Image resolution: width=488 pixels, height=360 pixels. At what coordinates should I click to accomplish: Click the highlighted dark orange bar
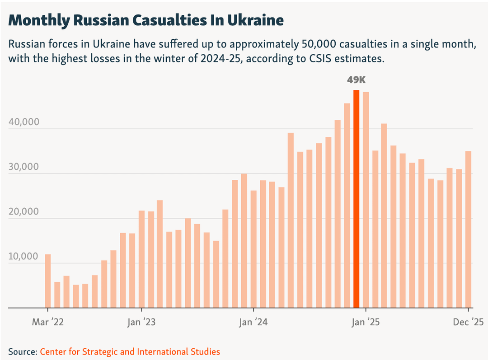[x=356, y=199]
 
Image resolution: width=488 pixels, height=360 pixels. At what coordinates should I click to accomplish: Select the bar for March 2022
[x=47, y=281]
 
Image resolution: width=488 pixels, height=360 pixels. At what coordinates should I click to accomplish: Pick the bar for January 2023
[x=141, y=259]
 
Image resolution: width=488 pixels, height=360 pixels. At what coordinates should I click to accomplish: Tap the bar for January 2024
[x=253, y=249]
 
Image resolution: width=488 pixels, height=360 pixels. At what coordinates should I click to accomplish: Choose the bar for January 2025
[x=366, y=200]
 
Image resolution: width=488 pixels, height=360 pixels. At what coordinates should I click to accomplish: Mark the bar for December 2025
[x=468, y=229]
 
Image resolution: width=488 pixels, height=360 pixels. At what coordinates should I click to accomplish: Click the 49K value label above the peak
[x=357, y=80]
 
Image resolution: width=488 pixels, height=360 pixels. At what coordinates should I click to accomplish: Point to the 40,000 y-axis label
[x=24, y=122]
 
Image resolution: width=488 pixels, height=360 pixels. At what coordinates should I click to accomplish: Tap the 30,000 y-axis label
[x=24, y=167]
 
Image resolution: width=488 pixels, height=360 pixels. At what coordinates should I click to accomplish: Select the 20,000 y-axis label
[x=24, y=211]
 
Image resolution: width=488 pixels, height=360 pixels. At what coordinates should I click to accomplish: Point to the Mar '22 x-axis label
[x=47, y=322]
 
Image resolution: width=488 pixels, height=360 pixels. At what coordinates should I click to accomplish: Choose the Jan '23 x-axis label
[x=141, y=322]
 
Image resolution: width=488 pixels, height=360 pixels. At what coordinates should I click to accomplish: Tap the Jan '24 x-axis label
[x=253, y=322]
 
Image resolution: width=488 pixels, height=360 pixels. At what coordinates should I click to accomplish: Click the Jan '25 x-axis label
[x=366, y=322]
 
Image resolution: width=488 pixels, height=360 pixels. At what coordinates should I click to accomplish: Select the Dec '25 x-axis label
[x=468, y=322]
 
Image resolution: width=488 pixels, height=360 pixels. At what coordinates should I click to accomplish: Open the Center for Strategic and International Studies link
[x=130, y=351]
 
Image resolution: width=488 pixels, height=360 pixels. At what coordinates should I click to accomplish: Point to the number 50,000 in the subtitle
[x=319, y=44]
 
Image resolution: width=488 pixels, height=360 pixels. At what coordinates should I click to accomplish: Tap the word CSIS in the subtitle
[x=320, y=58]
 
